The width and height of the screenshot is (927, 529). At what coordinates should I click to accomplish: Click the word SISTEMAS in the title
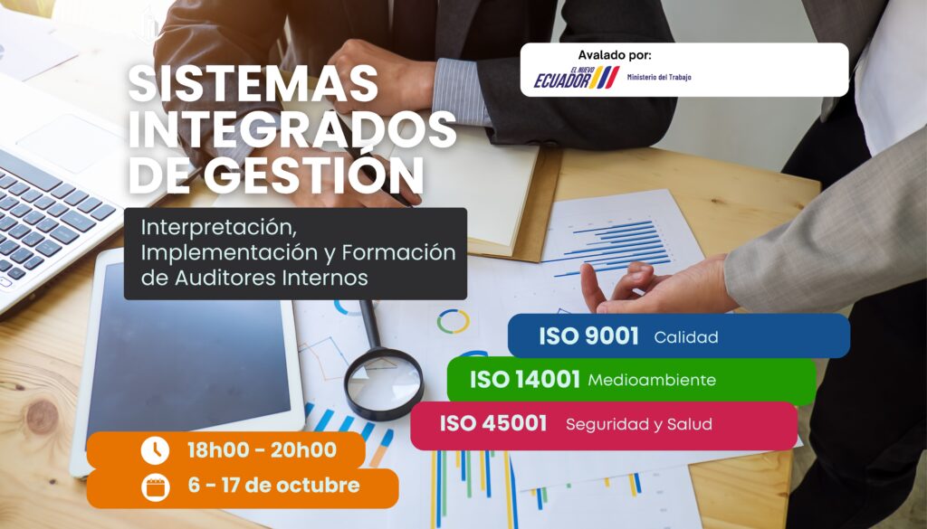(253, 83)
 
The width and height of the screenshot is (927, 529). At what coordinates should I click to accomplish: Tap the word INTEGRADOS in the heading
(292, 129)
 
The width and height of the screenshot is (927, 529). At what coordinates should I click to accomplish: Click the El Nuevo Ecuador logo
(577, 78)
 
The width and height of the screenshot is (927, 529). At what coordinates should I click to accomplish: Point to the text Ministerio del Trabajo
(659, 77)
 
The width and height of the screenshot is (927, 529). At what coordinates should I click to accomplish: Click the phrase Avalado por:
(615, 55)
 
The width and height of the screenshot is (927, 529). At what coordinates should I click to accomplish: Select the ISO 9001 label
(588, 336)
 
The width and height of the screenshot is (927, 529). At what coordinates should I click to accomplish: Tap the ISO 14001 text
(524, 380)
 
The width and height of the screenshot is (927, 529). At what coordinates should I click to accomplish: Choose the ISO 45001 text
(493, 423)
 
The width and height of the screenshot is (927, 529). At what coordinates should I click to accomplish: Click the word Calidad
(686, 337)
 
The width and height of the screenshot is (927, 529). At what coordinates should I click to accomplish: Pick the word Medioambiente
(652, 380)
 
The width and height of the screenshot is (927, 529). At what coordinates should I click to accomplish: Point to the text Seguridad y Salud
(638, 424)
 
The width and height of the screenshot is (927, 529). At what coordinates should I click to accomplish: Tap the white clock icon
(155, 450)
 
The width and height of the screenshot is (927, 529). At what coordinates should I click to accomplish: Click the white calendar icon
(156, 487)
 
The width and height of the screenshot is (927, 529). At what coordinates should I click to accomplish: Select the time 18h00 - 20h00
(262, 450)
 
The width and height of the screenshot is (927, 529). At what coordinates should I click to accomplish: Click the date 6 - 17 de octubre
(273, 486)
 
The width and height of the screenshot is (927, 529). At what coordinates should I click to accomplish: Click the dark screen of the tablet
(189, 347)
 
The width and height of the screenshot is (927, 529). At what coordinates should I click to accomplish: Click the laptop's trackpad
(69, 143)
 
